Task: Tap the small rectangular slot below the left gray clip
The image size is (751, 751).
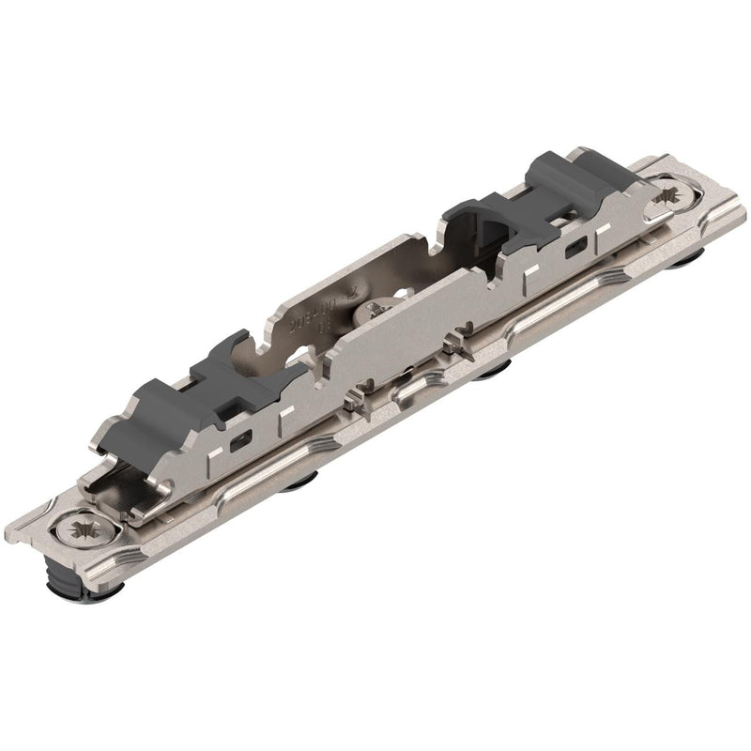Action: (x=239, y=441)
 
